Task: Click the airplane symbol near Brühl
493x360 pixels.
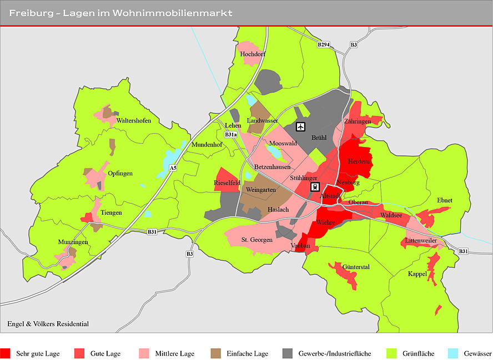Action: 300,126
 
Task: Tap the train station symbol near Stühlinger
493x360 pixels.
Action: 315,187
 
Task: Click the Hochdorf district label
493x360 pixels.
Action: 253,54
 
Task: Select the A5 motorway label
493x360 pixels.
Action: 173,168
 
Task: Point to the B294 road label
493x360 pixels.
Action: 323,44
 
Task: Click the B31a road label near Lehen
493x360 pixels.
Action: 231,135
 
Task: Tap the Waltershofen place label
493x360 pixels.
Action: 133,120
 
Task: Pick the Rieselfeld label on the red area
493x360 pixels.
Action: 227,182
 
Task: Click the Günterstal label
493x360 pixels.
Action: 356,267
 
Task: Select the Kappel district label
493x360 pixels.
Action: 417,274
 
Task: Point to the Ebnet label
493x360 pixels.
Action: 445,200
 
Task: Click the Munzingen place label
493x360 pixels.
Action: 73,242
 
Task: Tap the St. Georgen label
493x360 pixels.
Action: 256,240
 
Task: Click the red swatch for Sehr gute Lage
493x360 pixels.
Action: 6,353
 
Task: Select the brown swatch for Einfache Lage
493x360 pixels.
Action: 217,353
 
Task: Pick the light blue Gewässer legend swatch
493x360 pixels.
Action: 454,353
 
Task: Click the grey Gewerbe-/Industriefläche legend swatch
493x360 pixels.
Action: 288,353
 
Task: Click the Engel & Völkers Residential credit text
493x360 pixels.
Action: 48,324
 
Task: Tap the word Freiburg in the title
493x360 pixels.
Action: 27,13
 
